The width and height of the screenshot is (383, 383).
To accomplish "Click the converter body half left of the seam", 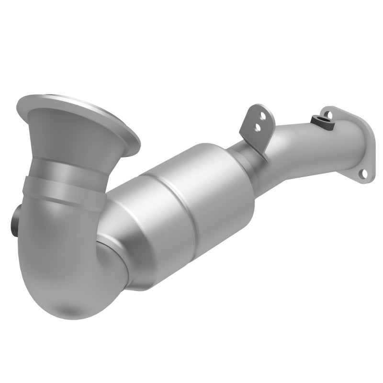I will pos(148,225).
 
